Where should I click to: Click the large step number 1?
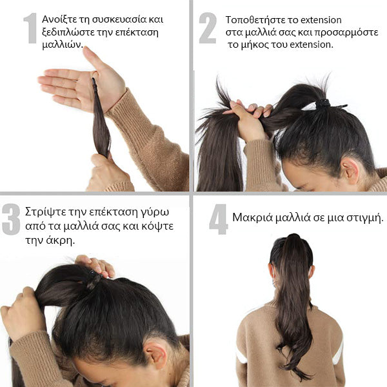click(x=30, y=28)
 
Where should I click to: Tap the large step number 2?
click(x=208, y=28)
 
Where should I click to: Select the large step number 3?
click(x=11, y=219)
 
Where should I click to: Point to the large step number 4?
click(x=218, y=219)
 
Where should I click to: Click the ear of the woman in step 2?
click(x=349, y=170)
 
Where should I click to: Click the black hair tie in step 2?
click(x=324, y=104)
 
